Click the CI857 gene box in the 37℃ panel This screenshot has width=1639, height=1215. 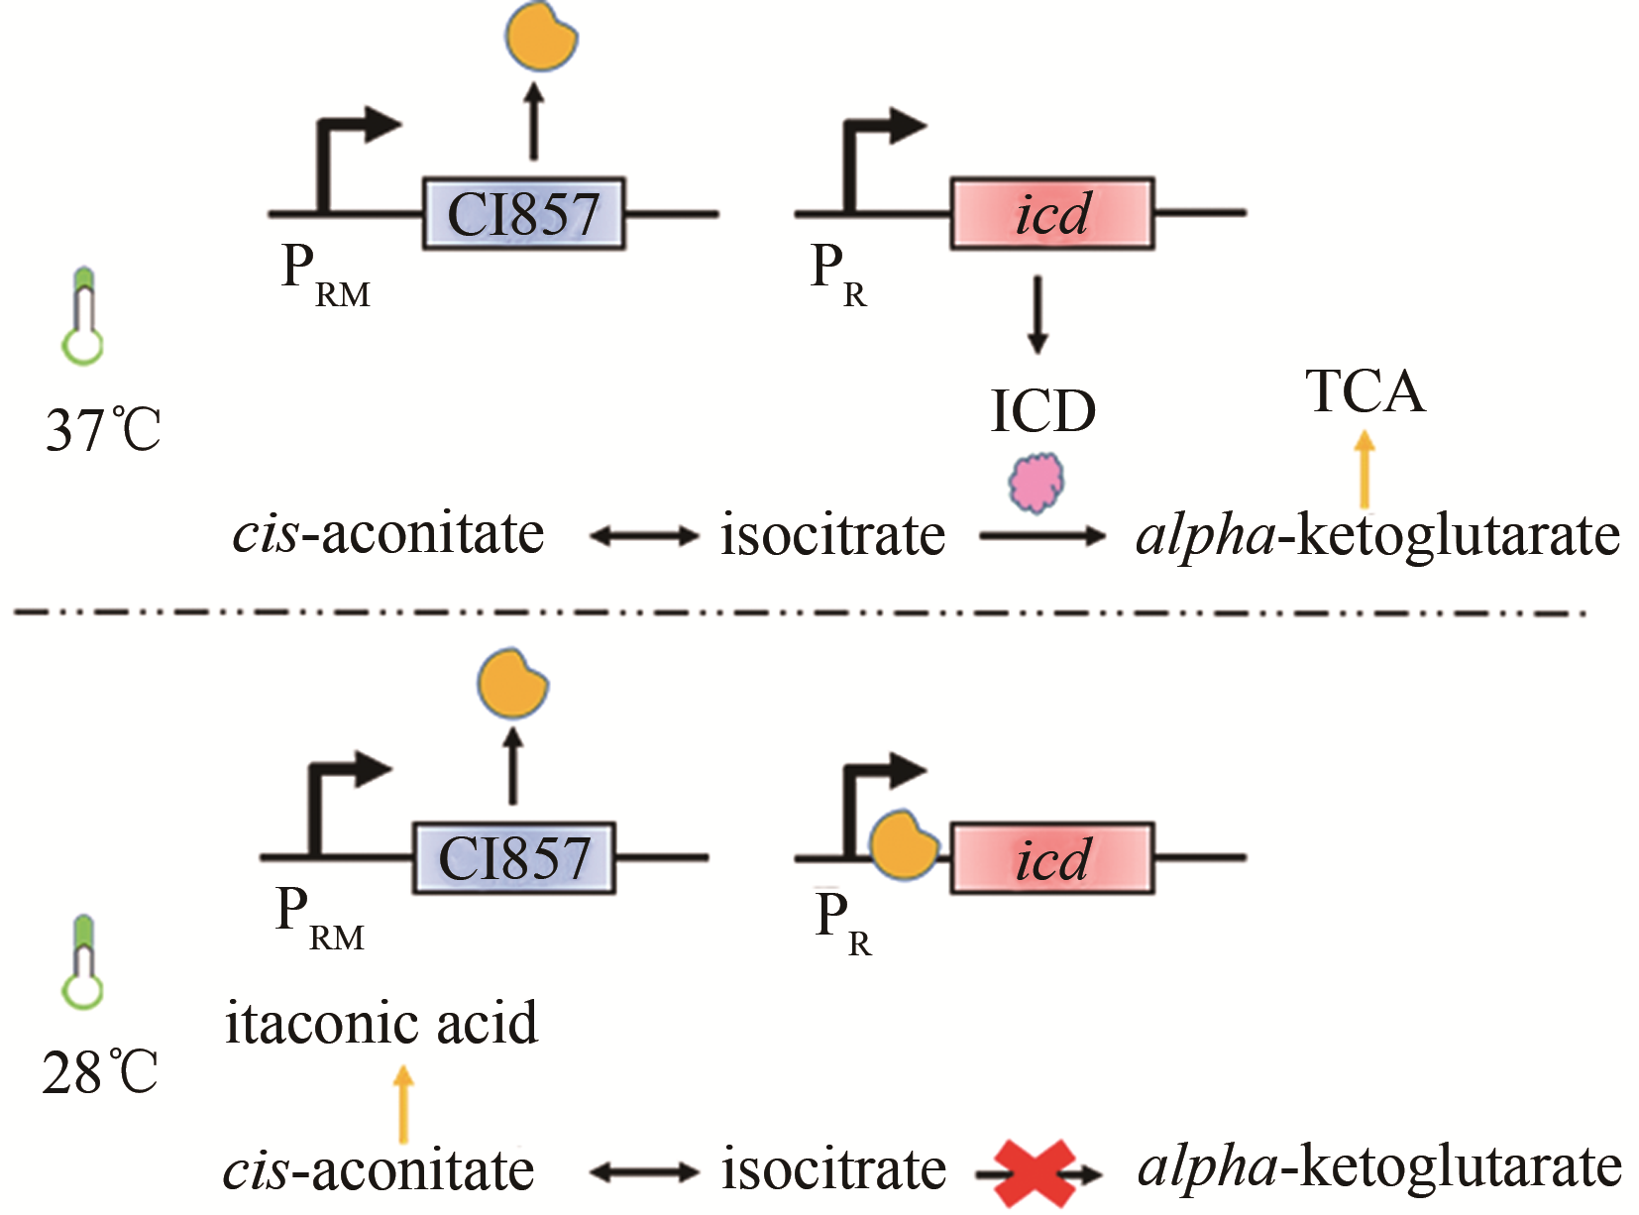[x=523, y=213]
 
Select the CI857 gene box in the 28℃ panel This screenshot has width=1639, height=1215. [x=513, y=858]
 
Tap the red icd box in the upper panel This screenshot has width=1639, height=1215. [x=1052, y=213]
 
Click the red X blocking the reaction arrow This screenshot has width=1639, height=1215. [x=1035, y=1173]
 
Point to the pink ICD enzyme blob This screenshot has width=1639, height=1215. [x=1037, y=483]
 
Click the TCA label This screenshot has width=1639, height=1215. [x=1366, y=391]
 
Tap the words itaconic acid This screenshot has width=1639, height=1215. [x=382, y=1023]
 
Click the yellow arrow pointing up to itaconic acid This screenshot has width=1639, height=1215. [x=403, y=1104]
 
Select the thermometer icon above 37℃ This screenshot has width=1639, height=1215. [x=83, y=315]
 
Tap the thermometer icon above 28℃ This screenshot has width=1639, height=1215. [x=83, y=962]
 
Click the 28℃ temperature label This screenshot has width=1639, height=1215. [x=99, y=1072]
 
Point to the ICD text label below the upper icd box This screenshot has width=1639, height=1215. [x=1042, y=410]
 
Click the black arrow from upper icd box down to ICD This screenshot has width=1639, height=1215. [x=1037, y=314]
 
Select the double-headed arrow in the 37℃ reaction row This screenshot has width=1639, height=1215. [x=644, y=536]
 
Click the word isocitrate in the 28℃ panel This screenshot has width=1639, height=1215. [x=832, y=1169]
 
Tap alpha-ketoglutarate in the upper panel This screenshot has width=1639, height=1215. [x=1377, y=536]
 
